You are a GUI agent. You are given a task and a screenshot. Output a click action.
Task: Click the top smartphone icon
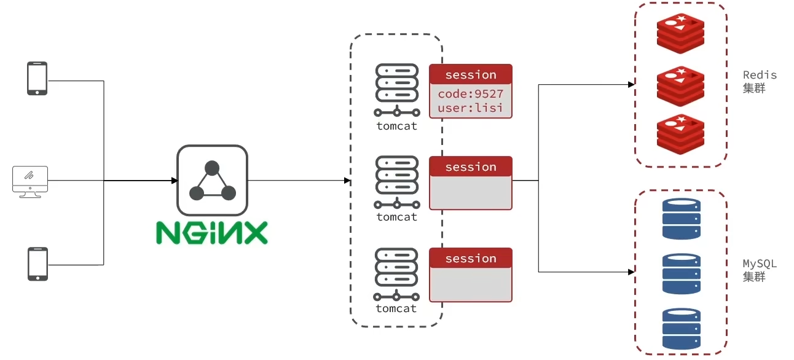coord(37,78)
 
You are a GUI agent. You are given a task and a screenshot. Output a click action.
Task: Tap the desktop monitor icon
coord(30,181)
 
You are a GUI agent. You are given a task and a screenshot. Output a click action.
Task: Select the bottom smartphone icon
coord(37,264)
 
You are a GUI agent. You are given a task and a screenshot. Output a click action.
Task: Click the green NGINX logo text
coord(212,232)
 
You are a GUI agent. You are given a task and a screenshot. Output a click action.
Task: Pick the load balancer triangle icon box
coord(212,181)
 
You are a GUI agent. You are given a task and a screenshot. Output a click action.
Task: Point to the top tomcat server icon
coord(396,89)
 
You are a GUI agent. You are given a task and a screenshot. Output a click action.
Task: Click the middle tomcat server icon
coord(396,181)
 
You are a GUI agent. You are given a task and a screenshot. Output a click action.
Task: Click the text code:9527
coord(471,94)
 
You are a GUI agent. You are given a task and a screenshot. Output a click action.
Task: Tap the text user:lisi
coord(471,108)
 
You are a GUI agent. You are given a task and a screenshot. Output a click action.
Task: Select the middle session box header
coord(471,166)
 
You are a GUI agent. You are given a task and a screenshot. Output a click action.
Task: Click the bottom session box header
coord(471,258)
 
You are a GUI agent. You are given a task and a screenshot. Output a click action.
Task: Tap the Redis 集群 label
coord(760,82)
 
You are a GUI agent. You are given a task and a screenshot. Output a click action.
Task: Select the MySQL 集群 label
coord(760,270)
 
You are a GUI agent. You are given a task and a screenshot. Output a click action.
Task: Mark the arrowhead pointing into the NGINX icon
coord(175,181)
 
